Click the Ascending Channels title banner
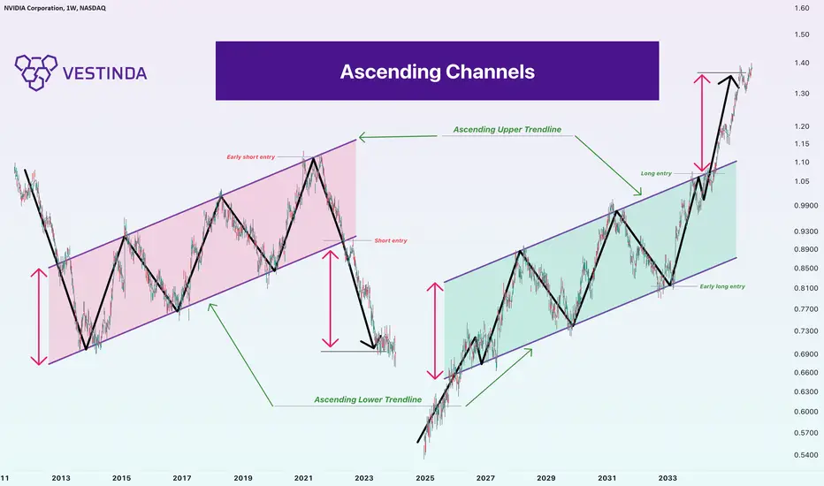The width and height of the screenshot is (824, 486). [x=437, y=71]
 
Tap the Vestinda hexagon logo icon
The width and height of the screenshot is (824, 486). [x=35, y=72]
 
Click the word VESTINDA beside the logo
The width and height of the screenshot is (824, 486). [x=104, y=73]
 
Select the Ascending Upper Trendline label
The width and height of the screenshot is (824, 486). [x=507, y=129]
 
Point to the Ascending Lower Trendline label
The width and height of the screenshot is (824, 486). [x=368, y=399]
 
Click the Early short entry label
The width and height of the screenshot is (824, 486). [x=251, y=156]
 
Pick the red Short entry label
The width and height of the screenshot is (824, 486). [x=391, y=240]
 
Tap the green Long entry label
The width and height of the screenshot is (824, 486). [x=656, y=173]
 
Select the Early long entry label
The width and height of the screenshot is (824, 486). [x=722, y=286]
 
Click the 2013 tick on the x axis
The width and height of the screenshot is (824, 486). [x=61, y=478]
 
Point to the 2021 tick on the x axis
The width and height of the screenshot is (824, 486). [x=303, y=478]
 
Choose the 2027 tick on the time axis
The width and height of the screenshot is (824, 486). [x=485, y=478]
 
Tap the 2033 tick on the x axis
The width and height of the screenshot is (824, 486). [x=668, y=478]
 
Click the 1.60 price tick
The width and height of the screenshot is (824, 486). [x=802, y=8]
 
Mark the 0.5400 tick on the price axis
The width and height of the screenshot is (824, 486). [x=805, y=455]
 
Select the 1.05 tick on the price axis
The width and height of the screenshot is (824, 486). [x=802, y=181]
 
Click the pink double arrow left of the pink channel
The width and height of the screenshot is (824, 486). [x=39, y=317]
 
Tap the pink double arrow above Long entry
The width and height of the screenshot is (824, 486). [x=702, y=124]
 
